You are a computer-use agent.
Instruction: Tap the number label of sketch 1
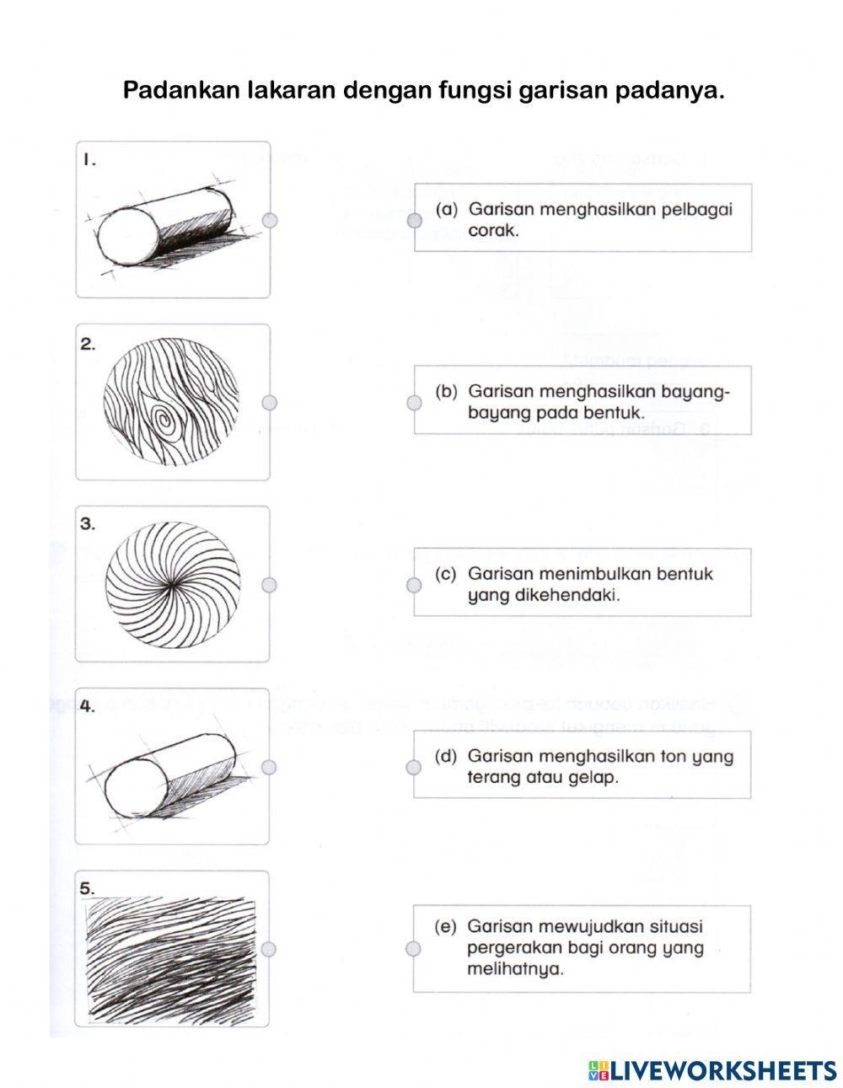pyautogui.click(x=90, y=160)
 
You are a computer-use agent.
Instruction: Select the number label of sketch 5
pyautogui.click(x=87, y=889)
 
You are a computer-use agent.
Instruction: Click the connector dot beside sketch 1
pyautogui.click(x=270, y=220)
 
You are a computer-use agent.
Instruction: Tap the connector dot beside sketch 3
pyautogui.click(x=269, y=585)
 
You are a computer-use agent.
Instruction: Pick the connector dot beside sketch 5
pyautogui.click(x=269, y=949)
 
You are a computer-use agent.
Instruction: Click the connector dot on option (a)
pyautogui.click(x=415, y=220)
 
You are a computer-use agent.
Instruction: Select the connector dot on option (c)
pyautogui.click(x=414, y=585)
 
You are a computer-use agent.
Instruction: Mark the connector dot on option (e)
pyautogui.click(x=413, y=949)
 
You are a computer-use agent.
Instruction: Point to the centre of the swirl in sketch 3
pyautogui.click(x=173, y=584)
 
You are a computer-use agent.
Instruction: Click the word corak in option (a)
pyautogui.click(x=493, y=231)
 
